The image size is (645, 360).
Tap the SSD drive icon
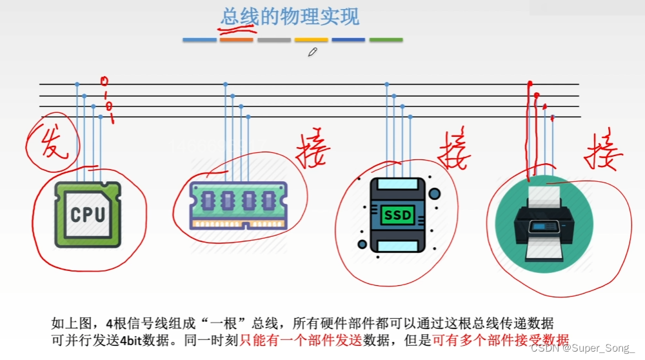[x=397, y=214]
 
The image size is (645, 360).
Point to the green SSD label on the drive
[x=397, y=215]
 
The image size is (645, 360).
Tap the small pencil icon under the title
[x=313, y=52]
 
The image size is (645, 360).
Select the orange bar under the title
[x=236, y=40]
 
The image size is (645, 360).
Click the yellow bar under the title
[x=312, y=40]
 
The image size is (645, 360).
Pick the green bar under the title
[x=386, y=40]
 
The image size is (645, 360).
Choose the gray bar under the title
[x=274, y=40]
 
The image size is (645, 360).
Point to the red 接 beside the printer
[x=603, y=153]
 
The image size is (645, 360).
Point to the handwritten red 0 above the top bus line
[x=104, y=81]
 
